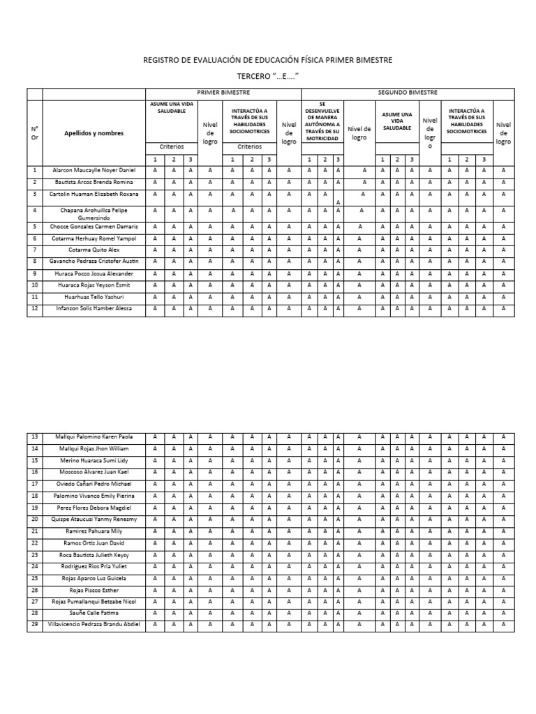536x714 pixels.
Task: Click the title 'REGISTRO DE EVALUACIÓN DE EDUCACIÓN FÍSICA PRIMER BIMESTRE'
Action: pyautogui.click(x=267, y=61)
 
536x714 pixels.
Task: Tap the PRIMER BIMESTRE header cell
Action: pyautogui.click(x=223, y=93)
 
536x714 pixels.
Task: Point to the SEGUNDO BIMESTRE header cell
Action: pyautogui.click(x=407, y=93)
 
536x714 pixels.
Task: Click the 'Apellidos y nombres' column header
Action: pyautogui.click(x=94, y=132)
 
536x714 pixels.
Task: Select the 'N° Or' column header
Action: pyautogui.click(x=35, y=132)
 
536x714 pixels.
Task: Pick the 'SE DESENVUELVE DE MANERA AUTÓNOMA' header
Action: pyautogui.click(x=322, y=121)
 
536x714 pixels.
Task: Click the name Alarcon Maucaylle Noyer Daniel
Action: pyautogui.click(x=94, y=170)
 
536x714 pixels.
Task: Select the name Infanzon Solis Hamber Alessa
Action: pyautogui.click(x=94, y=308)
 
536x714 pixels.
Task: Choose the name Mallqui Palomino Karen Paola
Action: pyautogui.click(x=94, y=437)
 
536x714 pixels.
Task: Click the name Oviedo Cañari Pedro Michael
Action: pyautogui.click(x=94, y=484)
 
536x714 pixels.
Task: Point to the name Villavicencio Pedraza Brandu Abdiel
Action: pyautogui.click(x=94, y=624)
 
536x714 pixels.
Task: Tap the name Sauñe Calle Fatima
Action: pyautogui.click(x=94, y=612)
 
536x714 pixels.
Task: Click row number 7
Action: pyautogui.click(x=35, y=250)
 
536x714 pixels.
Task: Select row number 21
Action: pyautogui.click(x=35, y=531)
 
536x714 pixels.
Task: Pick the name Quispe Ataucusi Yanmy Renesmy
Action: pyautogui.click(x=94, y=519)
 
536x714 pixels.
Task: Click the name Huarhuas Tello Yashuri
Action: pyautogui.click(x=94, y=296)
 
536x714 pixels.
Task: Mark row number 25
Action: pyautogui.click(x=35, y=578)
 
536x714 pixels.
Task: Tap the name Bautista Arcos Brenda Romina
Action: pyautogui.click(x=94, y=182)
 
